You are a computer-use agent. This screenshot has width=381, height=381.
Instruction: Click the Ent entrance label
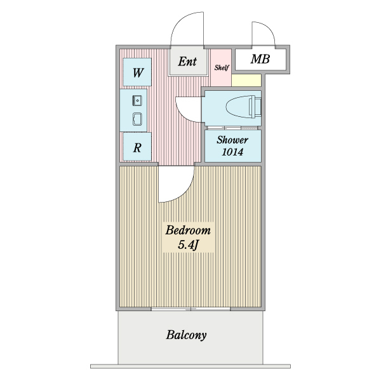point(187,62)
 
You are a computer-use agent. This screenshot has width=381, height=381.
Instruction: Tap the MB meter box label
point(260,59)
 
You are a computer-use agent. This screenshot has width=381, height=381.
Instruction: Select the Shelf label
point(222,67)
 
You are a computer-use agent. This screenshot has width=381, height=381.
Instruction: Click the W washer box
point(137,72)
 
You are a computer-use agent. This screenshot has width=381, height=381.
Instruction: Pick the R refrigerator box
point(137,147)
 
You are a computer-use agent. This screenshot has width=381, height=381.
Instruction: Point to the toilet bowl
point(238,107)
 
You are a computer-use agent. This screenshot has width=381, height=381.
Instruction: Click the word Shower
point(232,140)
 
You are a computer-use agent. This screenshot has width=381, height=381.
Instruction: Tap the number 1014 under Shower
point(232,152)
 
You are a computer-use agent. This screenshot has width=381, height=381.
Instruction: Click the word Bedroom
point(188,231)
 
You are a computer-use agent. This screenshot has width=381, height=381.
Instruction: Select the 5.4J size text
point(188,245)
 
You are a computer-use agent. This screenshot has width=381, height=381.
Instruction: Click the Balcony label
point(186,335)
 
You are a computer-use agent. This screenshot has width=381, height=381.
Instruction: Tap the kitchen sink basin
point(137,119)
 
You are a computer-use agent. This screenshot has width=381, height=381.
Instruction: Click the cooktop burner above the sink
point(137,100)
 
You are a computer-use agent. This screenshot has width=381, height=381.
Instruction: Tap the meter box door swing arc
point(269,29)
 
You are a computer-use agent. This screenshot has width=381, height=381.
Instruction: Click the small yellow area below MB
point(246,80)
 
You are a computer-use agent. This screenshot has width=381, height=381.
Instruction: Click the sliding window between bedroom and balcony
point(190,309)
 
